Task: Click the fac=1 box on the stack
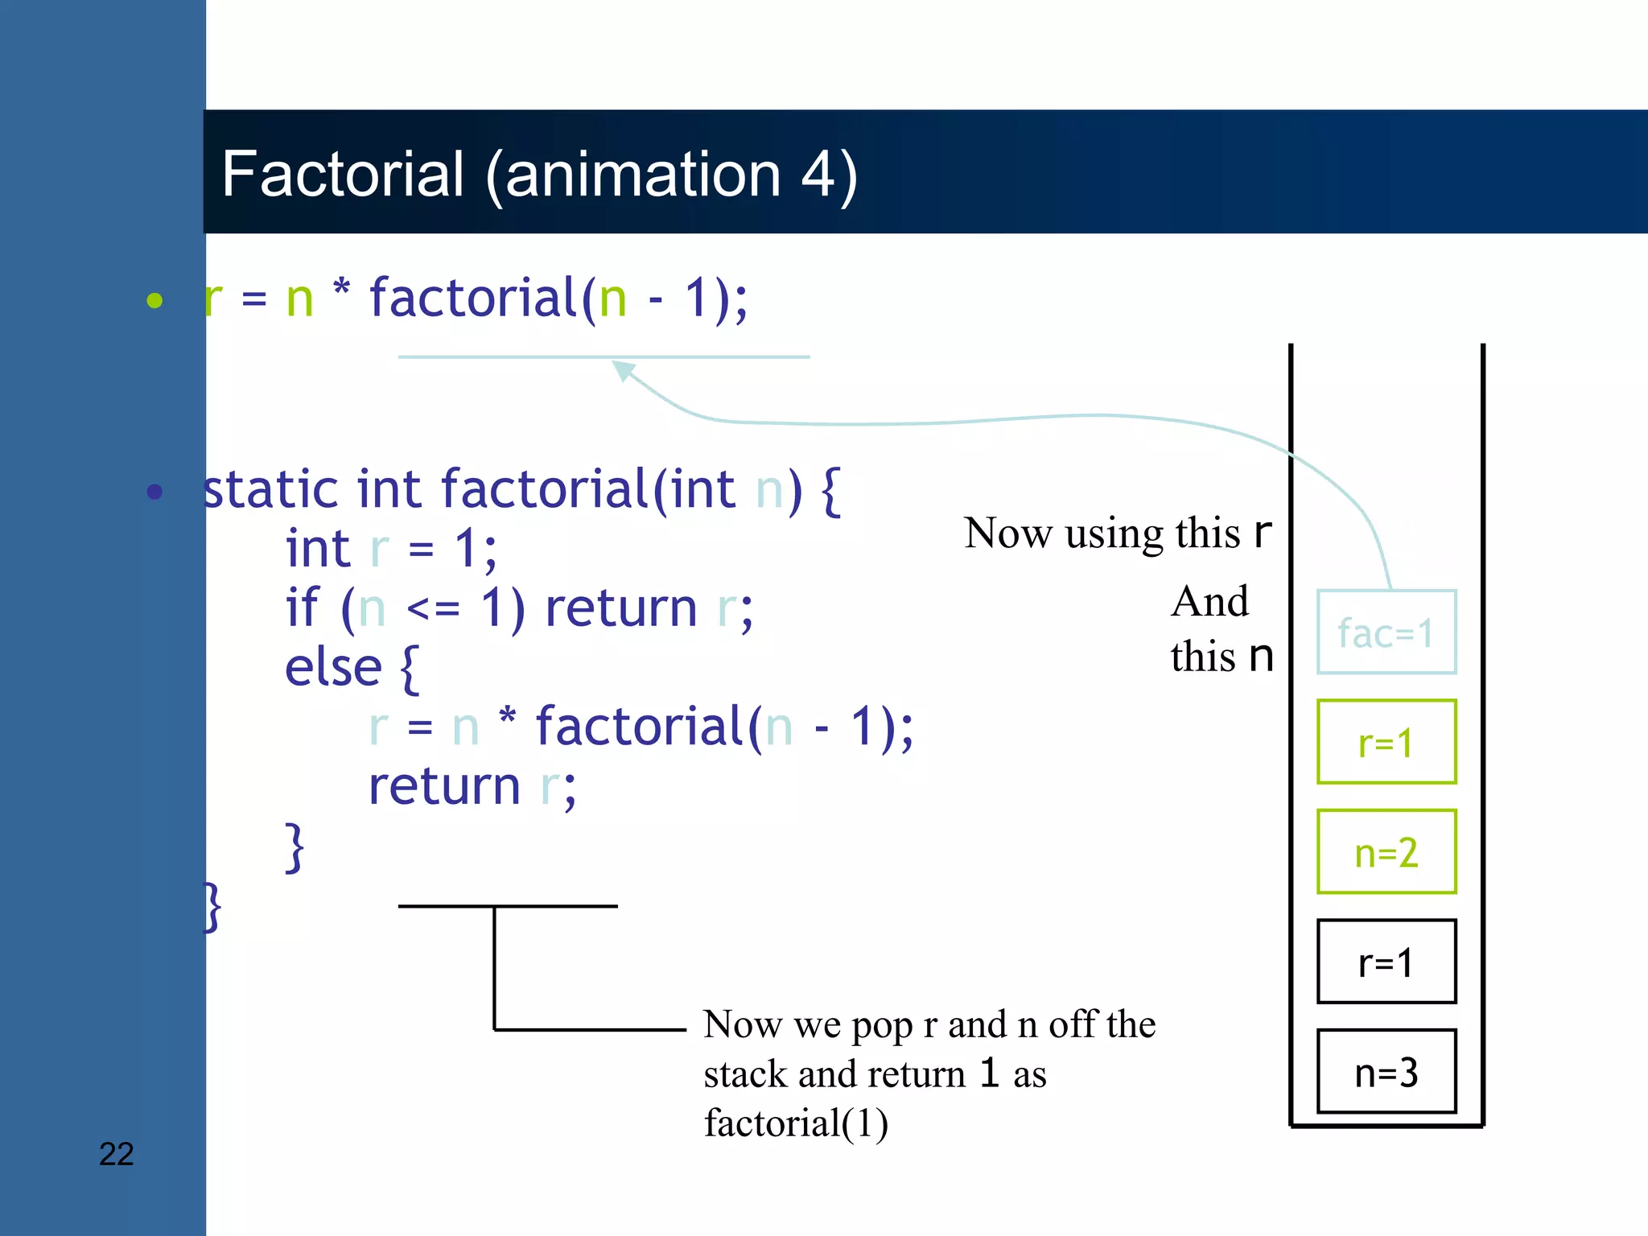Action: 1386,632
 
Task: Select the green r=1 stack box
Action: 1386,742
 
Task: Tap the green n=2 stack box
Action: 1386,852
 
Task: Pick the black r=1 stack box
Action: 1386,962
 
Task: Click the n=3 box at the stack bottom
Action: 1386,1072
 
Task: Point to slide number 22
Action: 116,1154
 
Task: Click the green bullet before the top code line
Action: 154,301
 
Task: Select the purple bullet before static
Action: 154,492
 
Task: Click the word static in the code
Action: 271,489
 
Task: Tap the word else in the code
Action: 333,668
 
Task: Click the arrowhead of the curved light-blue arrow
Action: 623,369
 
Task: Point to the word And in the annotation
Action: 1209,602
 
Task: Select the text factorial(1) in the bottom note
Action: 795,1123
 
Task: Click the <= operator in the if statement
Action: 433,608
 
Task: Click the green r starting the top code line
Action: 213,299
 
